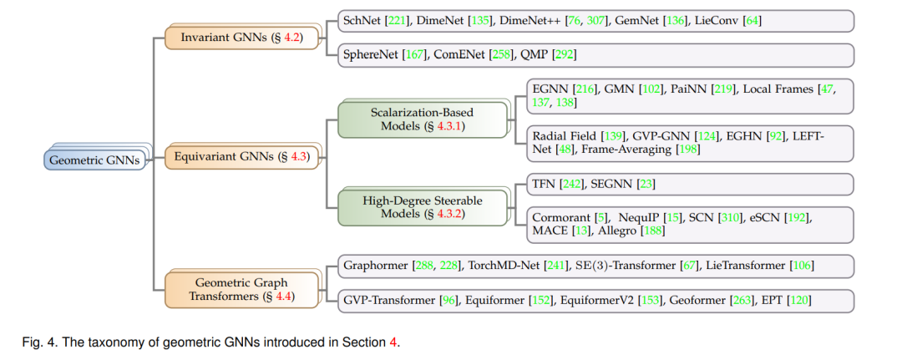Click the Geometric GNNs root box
tap(95, 160)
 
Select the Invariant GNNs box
tap(241, 38)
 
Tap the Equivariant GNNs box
tap(241, 157)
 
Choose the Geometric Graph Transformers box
tap(241, 290)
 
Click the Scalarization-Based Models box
tap(423, 119)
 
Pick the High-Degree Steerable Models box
tap(423, 208)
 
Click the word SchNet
tap(360, 21)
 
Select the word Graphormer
tap(376, 266)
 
